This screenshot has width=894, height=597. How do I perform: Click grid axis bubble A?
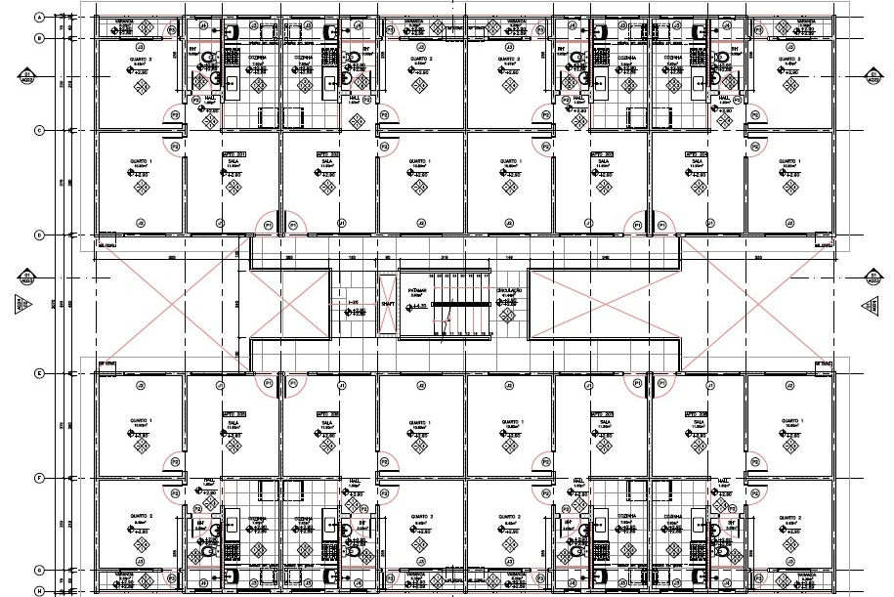coord(39,18)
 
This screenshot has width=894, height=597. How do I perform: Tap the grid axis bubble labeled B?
coord(39,38)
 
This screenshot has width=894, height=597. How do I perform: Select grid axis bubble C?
coord(39,130)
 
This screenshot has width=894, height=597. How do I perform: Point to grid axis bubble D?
coord(39,235)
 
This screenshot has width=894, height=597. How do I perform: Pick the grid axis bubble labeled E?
coord(39,373)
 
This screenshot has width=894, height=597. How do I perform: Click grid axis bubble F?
coord(39,478)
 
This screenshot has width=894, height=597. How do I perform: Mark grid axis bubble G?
coord(39,570)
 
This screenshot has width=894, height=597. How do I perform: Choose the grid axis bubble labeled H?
coord(39,590)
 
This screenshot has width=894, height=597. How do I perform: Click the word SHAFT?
coord(388,303)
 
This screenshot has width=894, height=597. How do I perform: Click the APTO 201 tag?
coord(232,154)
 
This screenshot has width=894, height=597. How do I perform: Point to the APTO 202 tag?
coord(326,154)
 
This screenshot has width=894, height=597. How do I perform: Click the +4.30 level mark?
coord(420,309)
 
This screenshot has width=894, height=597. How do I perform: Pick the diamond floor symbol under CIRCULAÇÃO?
coord(509,315)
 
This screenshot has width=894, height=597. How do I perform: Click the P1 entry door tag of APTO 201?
coord(268,225)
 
